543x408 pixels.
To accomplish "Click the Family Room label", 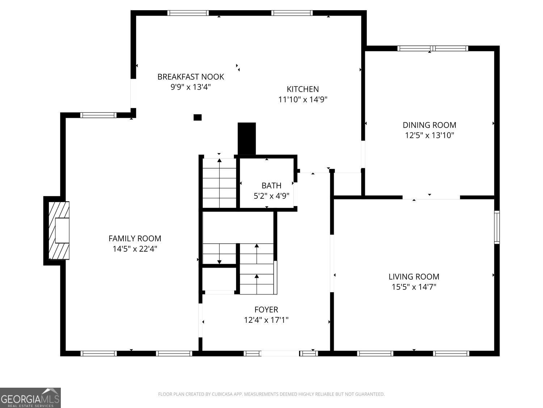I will click(135, 238).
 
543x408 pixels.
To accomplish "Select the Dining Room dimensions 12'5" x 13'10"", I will click(429, 135).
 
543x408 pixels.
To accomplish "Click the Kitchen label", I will click(303, 89).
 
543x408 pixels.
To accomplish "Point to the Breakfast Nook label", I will click(190, 77).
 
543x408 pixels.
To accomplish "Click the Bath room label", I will click(271, 186).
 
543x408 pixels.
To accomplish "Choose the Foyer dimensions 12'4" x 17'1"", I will click(266, 320).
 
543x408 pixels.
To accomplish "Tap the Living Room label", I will click(414, 277).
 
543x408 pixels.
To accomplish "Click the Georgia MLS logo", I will click(30, 398).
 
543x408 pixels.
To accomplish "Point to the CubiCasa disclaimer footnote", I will click(271, 394).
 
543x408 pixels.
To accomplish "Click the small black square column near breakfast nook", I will click(197, 117).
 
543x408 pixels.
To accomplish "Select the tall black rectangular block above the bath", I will click(247, 139).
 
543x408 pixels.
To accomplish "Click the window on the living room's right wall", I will click(497, 227).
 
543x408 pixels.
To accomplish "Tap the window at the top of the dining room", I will click(433, 48).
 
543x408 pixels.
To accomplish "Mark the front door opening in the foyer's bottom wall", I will click(280, 353).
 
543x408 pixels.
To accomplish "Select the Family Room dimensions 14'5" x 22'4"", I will click(135, 249).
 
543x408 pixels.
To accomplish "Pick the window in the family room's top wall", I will click(98, 115).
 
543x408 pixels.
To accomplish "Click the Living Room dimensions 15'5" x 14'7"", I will click(414, 287).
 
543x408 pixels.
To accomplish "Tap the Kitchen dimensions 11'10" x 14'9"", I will click(303, 99).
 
